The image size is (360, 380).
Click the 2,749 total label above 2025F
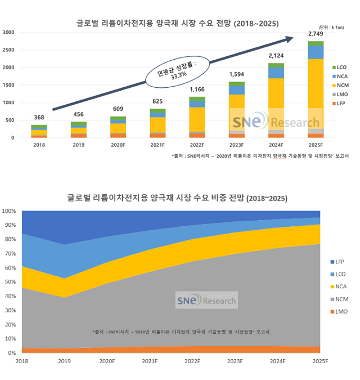(316, 35)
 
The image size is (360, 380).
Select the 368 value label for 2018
(39, 118)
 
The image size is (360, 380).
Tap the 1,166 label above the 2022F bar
(197, 90)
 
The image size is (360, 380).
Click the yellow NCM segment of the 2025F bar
(316, 93)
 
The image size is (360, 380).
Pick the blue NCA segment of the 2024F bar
(276, 73)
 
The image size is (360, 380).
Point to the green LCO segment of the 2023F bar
(237, 84)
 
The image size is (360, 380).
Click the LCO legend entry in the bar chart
(340, 67)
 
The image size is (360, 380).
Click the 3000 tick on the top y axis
(8, 33)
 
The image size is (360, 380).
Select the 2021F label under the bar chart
(157, 145)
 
